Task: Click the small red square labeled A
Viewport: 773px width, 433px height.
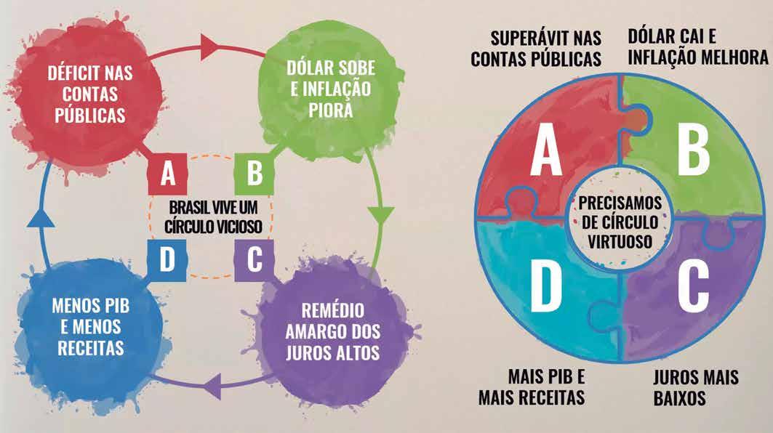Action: click(168, 174)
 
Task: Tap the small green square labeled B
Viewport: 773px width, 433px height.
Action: click(254, 174)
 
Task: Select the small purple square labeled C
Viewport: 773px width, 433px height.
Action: click(254, 259)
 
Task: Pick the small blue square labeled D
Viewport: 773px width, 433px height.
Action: click(168, 259)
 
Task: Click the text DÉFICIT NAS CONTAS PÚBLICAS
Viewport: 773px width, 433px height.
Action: click(86, 94)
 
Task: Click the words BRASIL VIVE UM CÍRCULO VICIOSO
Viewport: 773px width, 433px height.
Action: click(211, 216)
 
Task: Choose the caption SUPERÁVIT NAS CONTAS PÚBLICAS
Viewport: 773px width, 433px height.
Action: click(536, 49)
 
